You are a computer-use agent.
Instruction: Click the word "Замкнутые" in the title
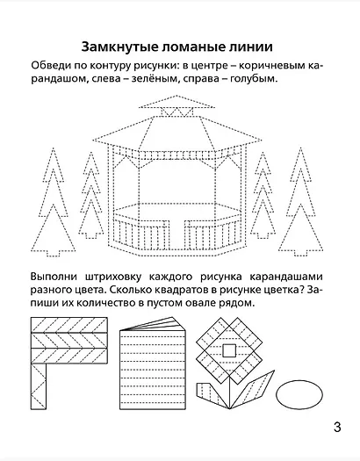(114, 46)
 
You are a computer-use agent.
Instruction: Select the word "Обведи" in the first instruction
(50, 66)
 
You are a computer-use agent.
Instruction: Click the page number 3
(337, 429)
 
